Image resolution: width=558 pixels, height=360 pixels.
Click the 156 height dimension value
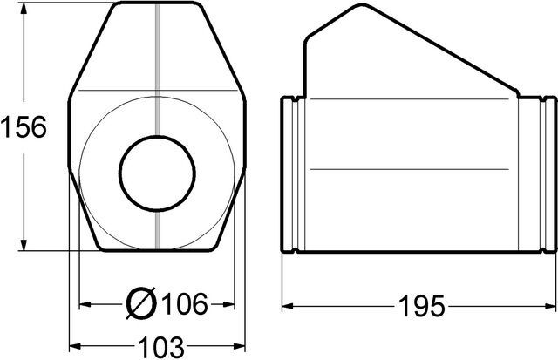24,127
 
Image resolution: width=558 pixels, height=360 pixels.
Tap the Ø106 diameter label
167,303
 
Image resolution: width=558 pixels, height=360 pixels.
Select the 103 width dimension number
161,347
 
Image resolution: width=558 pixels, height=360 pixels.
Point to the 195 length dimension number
422,306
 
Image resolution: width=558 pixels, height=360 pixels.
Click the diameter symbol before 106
141,303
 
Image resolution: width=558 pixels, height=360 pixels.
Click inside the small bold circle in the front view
157,173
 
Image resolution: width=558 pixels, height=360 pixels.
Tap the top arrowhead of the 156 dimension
24,8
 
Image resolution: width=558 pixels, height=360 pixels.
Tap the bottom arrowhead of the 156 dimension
24,245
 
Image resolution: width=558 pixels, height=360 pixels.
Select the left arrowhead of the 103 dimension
75,346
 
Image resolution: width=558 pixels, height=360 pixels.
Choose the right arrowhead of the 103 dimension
240,346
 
